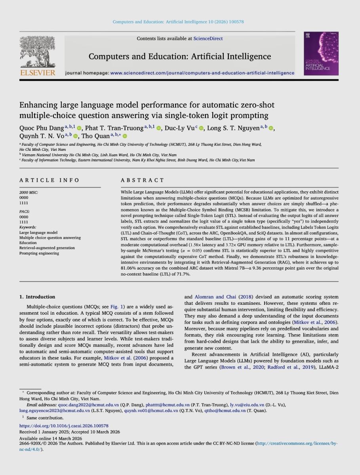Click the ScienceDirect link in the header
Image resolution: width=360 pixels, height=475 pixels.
(x=208, y=38)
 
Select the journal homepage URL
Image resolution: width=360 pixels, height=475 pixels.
(x=202, y=73)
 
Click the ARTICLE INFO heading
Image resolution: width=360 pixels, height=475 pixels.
(x=50, y=180)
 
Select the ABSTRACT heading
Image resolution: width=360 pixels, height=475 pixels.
(x=142, y=180)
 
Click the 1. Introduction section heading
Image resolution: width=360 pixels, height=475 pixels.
(x=37, y=296)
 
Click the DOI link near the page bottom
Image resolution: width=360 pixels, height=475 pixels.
(x=64, y=426)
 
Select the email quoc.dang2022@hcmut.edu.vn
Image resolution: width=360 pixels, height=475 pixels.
(x=88, y=405)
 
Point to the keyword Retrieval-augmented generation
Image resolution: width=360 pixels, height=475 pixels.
(x=47, y=248)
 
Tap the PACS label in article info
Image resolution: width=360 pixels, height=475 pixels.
(x=25, y=212)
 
